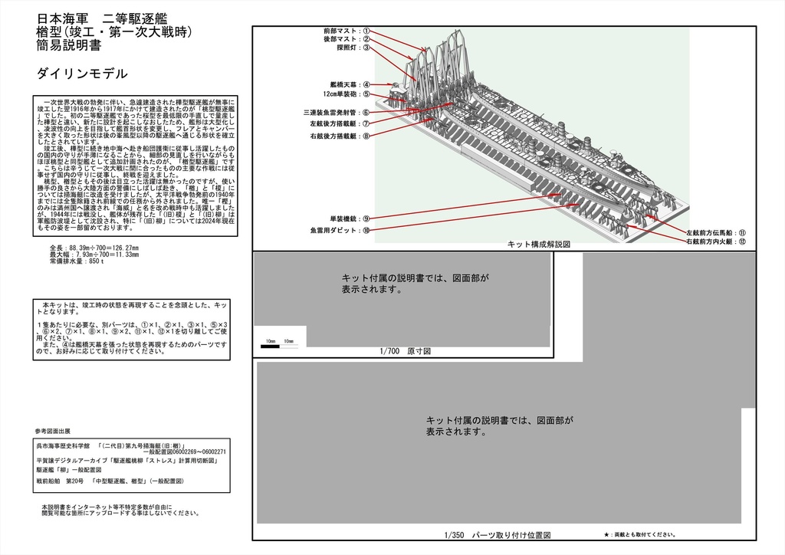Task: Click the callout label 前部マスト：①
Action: [x=347, y=31]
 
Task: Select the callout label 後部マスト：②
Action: [x=347, y=39]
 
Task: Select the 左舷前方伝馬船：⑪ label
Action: [x=716, y=232]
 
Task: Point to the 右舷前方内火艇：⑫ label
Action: [x=716, y=242]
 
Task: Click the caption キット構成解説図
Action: [x=539, y=244]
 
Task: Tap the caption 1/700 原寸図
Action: [x=406, y=351]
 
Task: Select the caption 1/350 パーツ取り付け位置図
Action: [x=497, y=535]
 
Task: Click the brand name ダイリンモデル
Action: [x=81, y=74]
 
